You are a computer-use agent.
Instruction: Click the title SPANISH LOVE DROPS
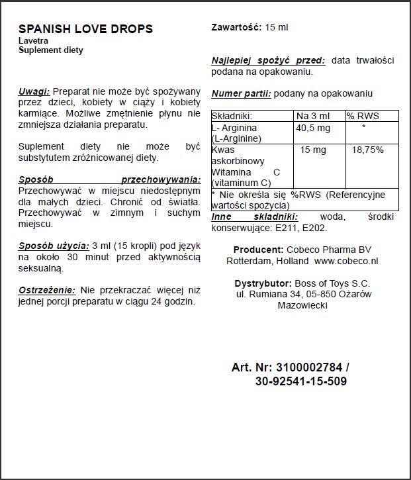pos(85,29)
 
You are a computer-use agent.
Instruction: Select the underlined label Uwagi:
pos(34,91)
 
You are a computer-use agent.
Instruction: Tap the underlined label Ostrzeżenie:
pos(48,290)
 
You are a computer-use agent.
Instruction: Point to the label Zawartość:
pos(236,27)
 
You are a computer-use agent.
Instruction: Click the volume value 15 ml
pos(277,27)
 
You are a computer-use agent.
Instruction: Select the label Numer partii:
pos(241,94)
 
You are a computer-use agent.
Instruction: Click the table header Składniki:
pos(232,116)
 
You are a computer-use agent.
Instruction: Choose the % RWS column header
pos(363,116)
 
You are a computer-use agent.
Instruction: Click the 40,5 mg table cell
pos(313,127)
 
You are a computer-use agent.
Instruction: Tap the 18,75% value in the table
pos(367,150)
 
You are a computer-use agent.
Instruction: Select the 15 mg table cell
pos(313,150)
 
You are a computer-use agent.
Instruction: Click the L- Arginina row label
pos(234,127)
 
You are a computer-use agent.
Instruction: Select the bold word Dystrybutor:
pos(261,283)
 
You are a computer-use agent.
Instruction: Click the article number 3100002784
pos(310,367)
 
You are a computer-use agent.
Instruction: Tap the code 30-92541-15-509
pos(300,381)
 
